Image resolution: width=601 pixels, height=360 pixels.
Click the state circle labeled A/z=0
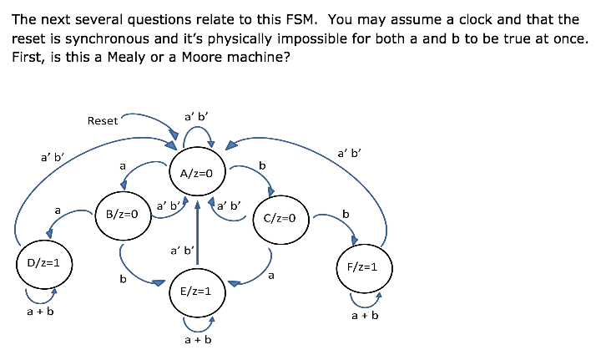197,174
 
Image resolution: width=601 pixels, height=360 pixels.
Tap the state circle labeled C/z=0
280,219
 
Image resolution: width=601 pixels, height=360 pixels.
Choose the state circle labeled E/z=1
196,292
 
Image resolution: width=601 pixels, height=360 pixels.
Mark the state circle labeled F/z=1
363,267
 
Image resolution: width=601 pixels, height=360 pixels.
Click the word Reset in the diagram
103,121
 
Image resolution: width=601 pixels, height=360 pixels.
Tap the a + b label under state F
365,316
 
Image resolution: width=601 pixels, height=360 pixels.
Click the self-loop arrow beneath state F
366,299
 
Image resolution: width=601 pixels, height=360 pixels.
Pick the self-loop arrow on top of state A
198,134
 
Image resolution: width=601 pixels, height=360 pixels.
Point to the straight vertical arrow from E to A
197,234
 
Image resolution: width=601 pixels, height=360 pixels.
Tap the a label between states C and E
271,275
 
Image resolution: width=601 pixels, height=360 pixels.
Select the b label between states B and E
123,278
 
